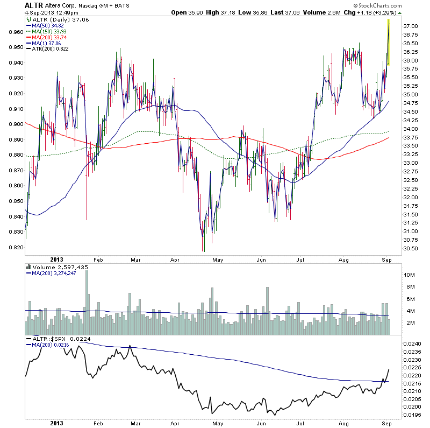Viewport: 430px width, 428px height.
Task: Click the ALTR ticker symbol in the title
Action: [33, 5]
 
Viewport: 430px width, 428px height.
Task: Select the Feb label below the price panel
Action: [98, 258]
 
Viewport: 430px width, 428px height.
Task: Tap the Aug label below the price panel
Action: [345, 258]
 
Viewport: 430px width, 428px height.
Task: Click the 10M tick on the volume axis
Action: [410, 275]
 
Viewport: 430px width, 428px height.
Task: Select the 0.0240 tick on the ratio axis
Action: [412, 343]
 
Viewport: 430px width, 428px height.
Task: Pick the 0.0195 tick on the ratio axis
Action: [412, 415]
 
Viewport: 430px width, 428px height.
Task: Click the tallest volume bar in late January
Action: [87, 301]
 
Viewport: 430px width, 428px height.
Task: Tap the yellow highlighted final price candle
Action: [388, 43]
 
